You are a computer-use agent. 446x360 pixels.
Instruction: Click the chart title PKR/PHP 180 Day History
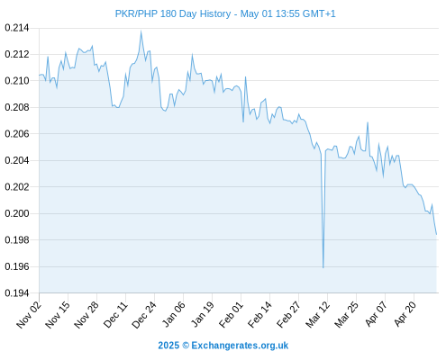pos(173,13)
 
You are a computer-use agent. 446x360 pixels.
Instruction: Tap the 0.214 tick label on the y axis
pos(17,28)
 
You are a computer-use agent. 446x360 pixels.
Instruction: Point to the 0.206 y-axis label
pos(17,134)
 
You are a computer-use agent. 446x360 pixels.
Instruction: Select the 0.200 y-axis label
pos(17,213)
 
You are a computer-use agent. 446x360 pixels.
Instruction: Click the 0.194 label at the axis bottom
pos(17,292)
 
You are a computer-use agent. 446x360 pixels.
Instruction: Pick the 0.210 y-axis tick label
pos(17,81)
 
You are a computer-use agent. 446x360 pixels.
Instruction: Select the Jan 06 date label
pos(173,314)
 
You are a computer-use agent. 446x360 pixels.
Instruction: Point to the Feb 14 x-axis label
pos(259,314)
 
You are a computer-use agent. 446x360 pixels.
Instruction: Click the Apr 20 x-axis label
pos(405,314)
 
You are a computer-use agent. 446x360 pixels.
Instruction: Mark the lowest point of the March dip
pos(323,267)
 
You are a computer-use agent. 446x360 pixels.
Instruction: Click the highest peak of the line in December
pos(141,31)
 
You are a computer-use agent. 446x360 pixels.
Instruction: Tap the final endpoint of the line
pos(436,235)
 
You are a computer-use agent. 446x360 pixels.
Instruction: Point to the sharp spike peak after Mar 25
pos(368,122)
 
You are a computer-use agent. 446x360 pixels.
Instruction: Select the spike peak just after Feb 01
pos(245,76)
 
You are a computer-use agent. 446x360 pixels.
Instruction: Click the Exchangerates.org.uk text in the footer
pos(240,346)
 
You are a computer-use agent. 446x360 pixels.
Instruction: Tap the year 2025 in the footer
pos(168,346)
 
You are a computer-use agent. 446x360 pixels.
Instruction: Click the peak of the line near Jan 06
pos(192,55)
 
